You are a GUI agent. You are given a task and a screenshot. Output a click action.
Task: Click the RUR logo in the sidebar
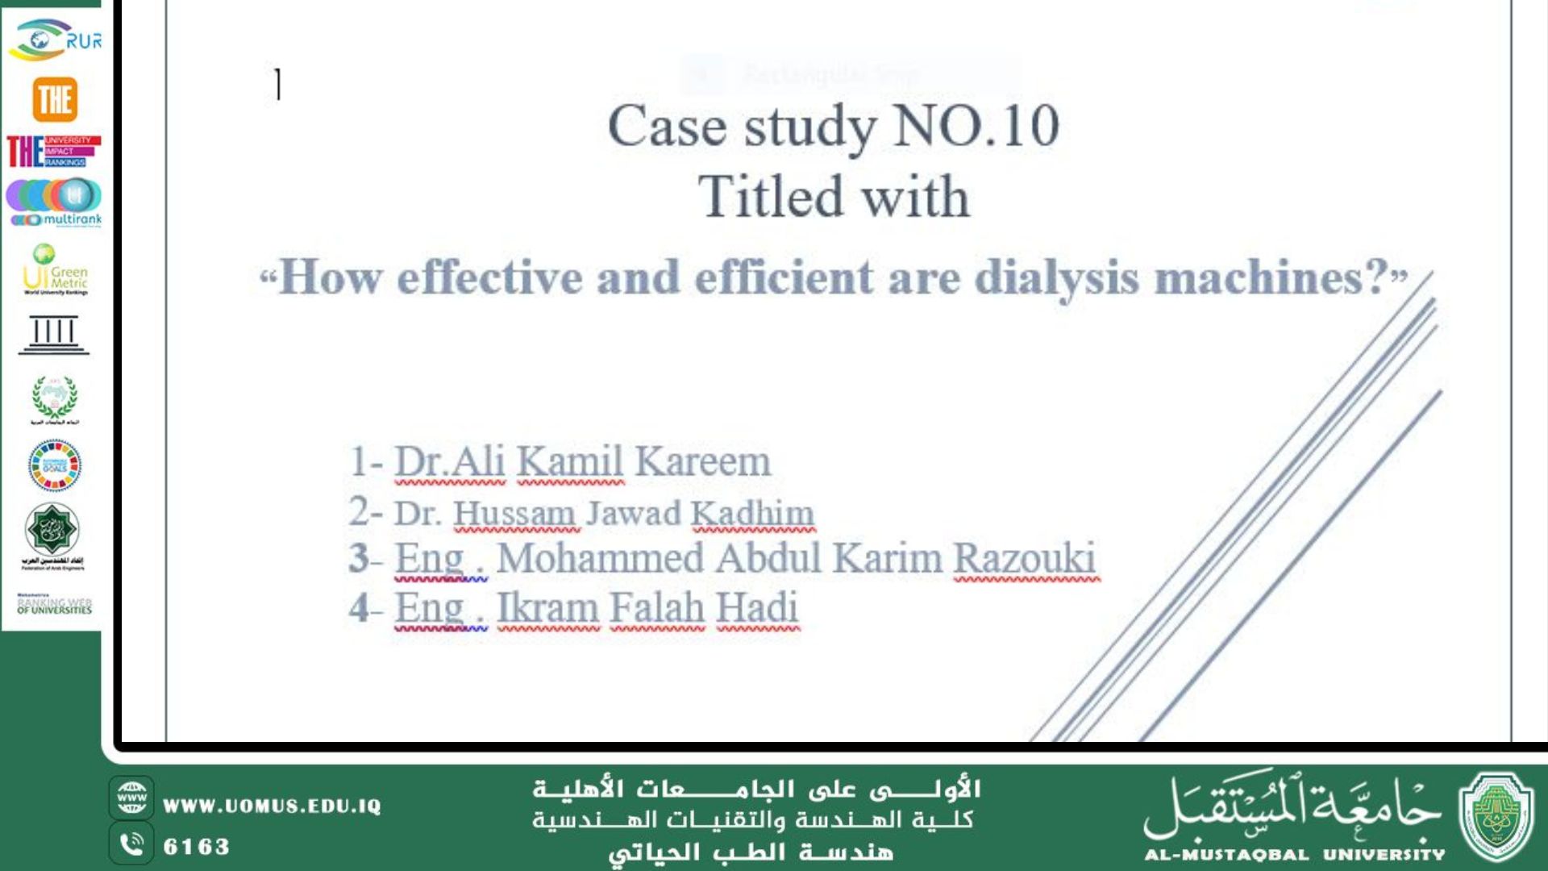click(x=55, y=40)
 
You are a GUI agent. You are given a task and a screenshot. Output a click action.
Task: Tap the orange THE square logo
click(x=55, y=100)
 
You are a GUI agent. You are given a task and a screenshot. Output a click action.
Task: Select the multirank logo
click(x=55, y=202)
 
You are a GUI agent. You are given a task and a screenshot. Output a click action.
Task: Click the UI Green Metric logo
click(x=55, y=270)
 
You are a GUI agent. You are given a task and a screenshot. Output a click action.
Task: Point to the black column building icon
click(x=54, y=335)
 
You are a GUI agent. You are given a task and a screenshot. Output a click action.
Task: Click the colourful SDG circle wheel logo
click(x=54, y=465)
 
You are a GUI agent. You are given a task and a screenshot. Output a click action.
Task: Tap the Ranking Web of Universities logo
click(x=55, y=604)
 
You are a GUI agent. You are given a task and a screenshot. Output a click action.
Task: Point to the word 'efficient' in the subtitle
click(x=784, y=278)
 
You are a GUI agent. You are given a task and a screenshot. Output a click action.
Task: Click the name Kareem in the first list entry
click(x=703, y=462)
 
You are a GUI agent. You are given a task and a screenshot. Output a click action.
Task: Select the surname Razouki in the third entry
click(x=1025, y=558)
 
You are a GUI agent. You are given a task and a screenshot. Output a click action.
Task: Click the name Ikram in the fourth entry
click(x=547, y=608)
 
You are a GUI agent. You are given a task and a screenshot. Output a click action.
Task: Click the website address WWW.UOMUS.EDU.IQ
click(x=272, y=806)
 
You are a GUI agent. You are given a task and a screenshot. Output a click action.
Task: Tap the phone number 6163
click(x=197, y=847)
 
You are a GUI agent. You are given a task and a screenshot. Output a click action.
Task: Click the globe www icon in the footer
click(x=131, y=798)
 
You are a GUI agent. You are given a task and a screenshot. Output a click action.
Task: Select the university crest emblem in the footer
click(x=1496, y=817)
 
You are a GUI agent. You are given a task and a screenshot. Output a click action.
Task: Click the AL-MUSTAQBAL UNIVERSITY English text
click(x=1294, y=855)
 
